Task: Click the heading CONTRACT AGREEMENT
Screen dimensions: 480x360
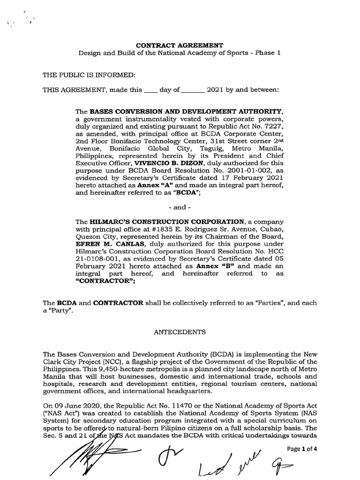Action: [180, 45]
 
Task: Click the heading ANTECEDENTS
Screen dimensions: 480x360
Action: [180, 332]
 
